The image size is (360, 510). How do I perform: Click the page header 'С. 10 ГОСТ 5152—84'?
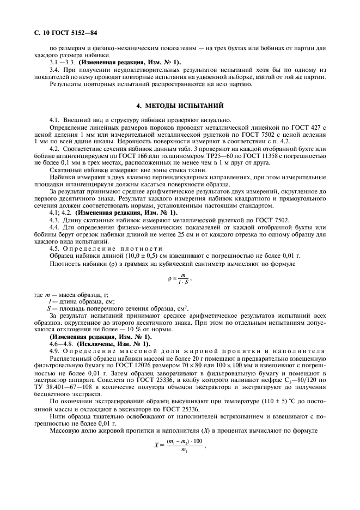[x=53, y=33]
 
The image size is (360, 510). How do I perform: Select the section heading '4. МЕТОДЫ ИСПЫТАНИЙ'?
[x=180, y=104]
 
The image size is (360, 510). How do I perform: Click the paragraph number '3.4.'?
[x=54, y=70]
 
